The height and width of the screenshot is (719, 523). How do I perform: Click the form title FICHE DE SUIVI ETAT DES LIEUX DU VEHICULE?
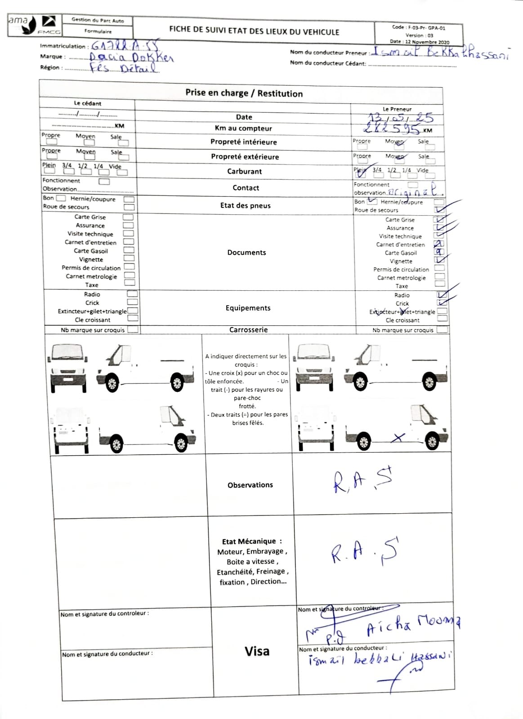click(x=254, y=31)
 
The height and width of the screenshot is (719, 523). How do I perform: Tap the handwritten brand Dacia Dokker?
click(x=131, y=58)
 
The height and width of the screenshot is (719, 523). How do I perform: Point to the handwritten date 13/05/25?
click(x=400, y=118)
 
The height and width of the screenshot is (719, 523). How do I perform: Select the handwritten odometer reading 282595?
click(x=393, y=129)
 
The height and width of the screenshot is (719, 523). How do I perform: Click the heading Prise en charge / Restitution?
click(x=244, y=93)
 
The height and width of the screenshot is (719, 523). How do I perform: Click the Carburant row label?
click(x=244, y=171)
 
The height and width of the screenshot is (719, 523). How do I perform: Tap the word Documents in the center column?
click(x=246, y=253)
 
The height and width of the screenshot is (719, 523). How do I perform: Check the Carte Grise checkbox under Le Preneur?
click(x=439, y=220)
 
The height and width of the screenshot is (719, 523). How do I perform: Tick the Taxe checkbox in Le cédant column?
click(x=130, y=283)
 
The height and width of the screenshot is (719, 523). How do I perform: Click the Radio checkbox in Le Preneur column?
click(x=442, y=295)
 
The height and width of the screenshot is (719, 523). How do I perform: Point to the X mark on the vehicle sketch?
click(x=398, y=437)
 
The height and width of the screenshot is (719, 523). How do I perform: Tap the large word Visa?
click(x=257, y=651)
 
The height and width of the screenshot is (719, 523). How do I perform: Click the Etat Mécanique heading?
click(x=252, y=541)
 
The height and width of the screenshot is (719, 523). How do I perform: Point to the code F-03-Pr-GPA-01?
click(x=419, y=27)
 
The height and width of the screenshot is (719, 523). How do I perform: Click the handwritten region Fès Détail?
click(x=124, y=68)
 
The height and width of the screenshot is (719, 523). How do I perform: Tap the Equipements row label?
click(x=248, y=308)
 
